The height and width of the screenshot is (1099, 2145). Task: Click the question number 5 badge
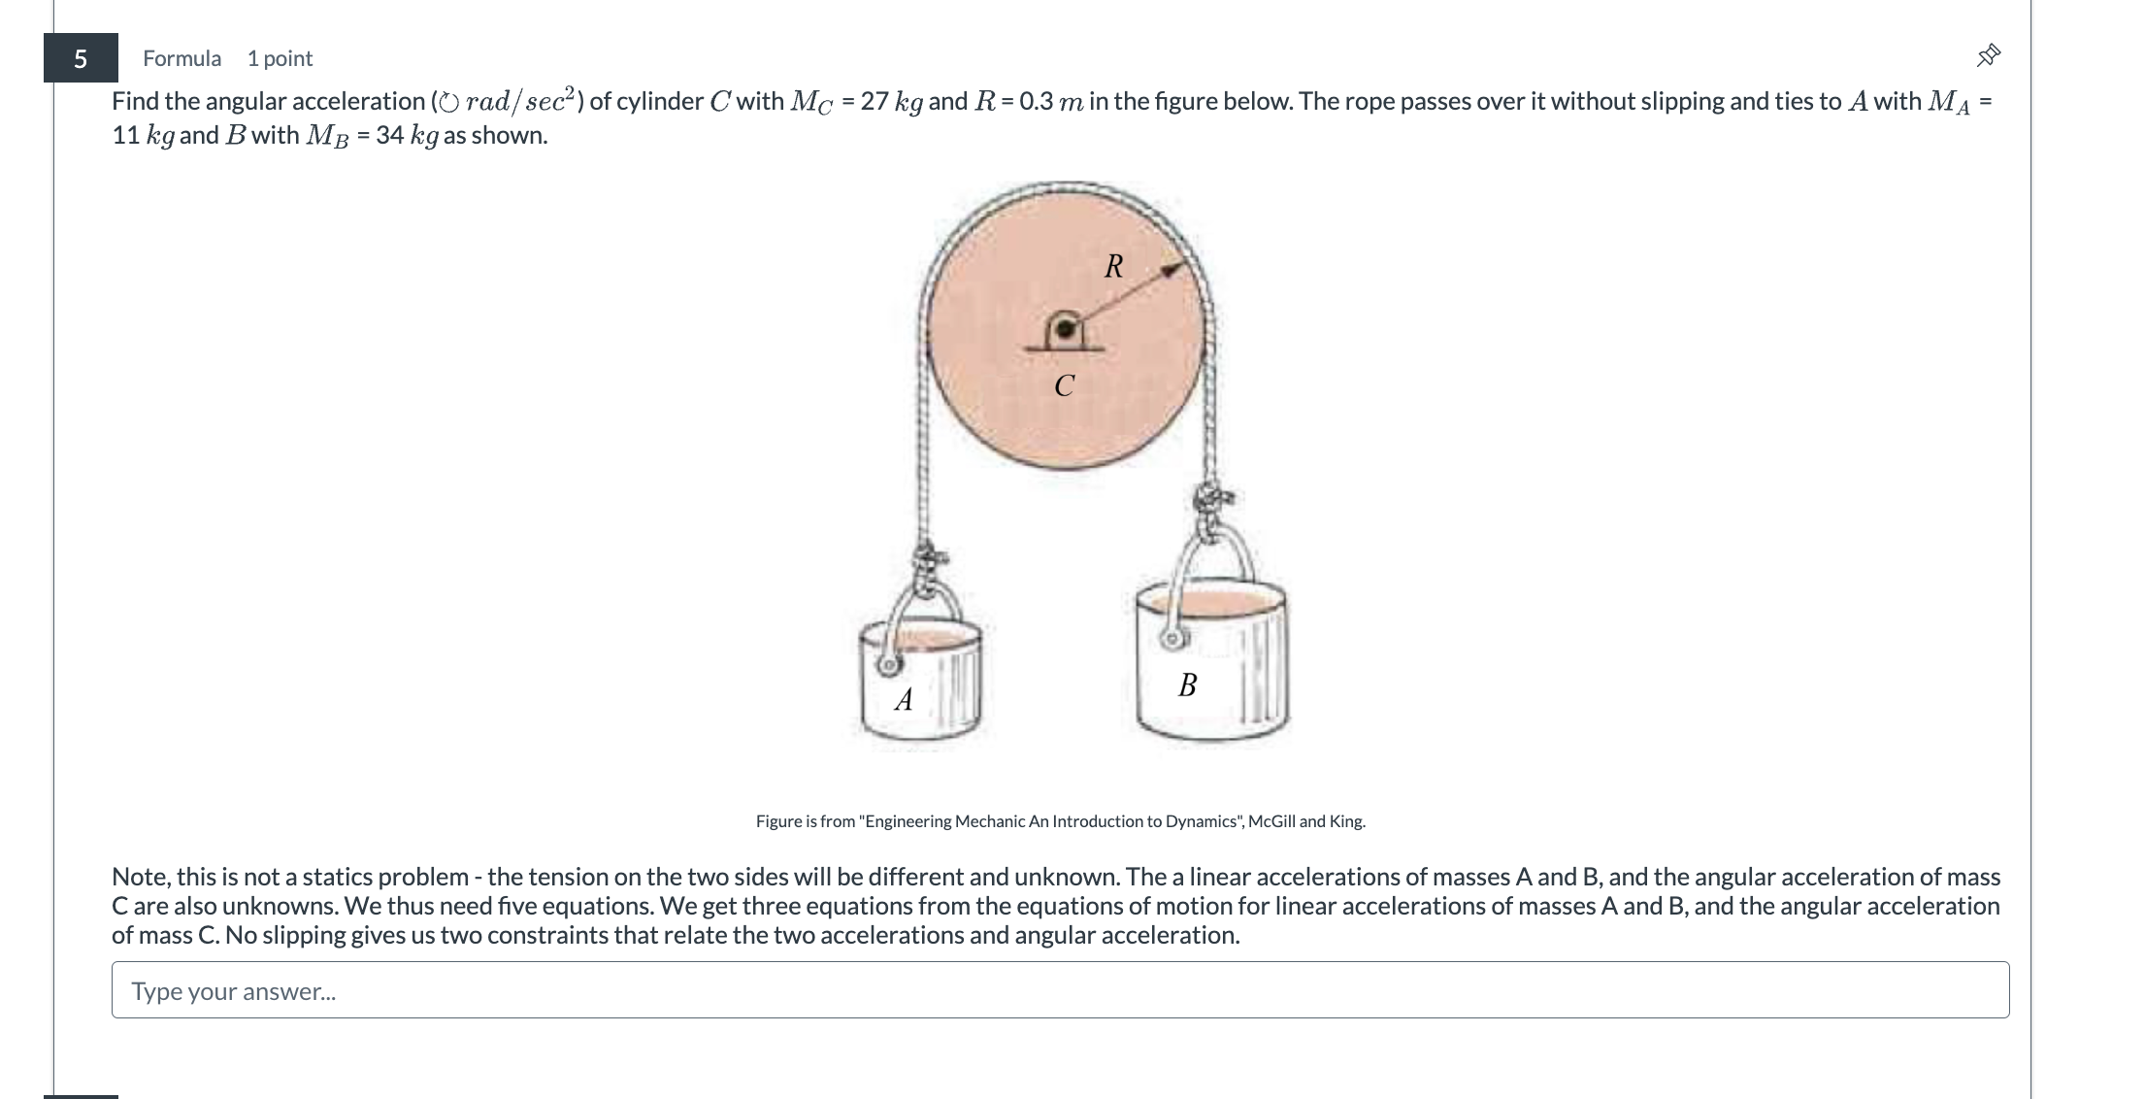click(x=81, y=58)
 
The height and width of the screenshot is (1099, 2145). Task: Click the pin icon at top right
click(x=1988, y=55)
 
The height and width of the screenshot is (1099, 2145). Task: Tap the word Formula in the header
click(x=181, y=58)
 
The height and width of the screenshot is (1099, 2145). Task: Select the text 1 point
click(x=280, y=58)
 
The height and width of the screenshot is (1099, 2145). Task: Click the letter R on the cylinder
click(x=1113, y=266)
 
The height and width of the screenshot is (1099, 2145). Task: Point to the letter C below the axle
click(x=1064, y=386)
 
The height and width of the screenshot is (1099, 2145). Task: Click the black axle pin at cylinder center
click(x=1066, y=329)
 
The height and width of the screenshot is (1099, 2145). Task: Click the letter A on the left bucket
click(x=904, y=699)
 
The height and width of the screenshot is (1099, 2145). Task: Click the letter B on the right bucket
click(x=1187, y=685)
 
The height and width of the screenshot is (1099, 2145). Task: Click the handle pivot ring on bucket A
click(x=887, y=666)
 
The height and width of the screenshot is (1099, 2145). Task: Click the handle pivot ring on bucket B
click(x=1173, y=638)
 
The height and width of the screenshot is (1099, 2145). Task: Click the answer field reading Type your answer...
click(x=1060, y=990)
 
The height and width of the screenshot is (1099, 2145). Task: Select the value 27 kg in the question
click(x=891, y=101)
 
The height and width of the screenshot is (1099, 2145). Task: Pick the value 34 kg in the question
click(x=407, y=135)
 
